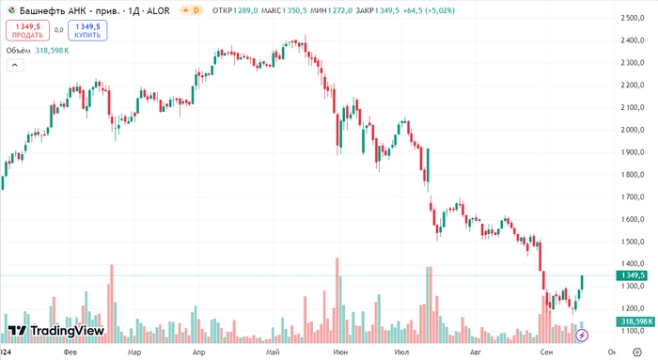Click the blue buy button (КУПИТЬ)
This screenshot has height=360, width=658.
87,30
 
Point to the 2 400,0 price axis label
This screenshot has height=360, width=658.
634,40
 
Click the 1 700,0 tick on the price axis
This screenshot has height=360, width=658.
634,197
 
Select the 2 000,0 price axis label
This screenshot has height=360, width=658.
634,130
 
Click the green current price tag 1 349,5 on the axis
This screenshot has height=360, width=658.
632,275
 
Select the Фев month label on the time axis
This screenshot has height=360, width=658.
70,352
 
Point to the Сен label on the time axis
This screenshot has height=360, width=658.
546,352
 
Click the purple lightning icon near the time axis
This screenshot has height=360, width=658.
581,336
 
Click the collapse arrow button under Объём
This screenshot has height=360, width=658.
14,66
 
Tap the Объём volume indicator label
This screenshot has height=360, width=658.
18,50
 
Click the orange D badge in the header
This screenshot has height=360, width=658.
196,10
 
